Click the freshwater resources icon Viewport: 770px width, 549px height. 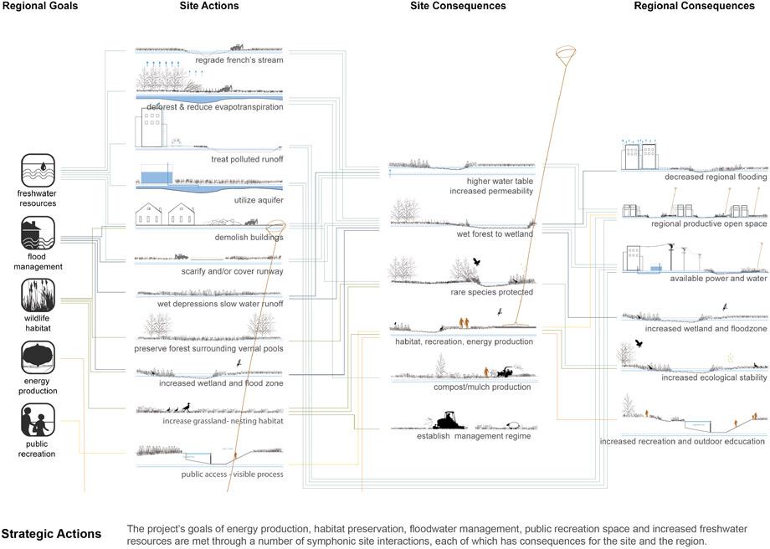point(38,171)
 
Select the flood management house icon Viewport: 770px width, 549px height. point(38,233)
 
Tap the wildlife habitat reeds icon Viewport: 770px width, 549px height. point(38,295)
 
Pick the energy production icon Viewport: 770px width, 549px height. point(38,358)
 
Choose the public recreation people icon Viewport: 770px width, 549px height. point(38,420)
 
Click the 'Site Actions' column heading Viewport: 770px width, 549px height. point(209,6)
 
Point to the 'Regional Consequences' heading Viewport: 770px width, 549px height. point(695,6)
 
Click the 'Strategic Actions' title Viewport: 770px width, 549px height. point(51,534)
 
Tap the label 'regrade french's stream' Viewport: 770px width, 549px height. point(239,60)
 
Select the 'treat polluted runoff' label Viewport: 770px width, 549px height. point(247,159)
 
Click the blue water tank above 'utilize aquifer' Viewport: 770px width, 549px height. point(157,177)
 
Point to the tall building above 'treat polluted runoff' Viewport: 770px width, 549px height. point(151,127)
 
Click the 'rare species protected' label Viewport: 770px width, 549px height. point(491,292)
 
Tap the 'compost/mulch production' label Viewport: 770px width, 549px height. point(482,387)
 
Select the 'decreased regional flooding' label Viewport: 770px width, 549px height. point(716,177)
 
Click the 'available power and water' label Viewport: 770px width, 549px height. point(718,279)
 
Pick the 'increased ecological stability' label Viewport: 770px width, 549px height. point(714,377)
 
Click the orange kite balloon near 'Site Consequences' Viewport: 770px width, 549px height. point(565,55)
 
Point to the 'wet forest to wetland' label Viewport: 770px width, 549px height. point(495,234)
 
